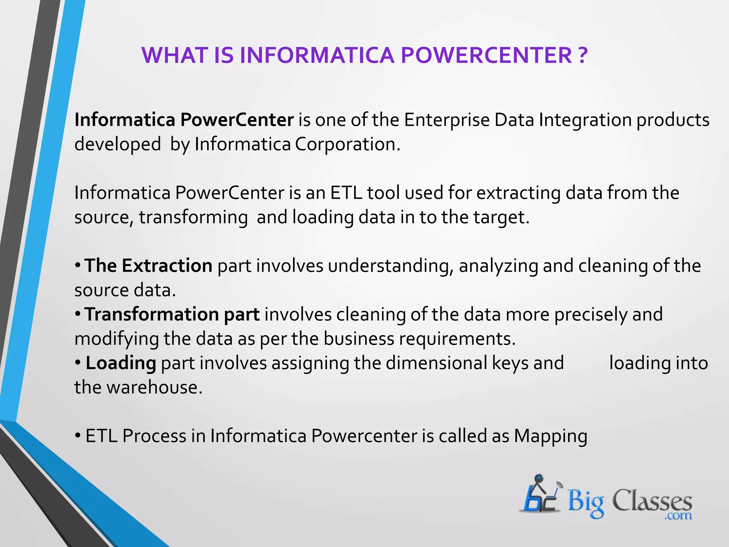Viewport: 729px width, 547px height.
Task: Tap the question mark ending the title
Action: pos(582,56)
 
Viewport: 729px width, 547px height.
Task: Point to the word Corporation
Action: pos(347,145)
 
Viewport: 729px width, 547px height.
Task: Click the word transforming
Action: pos(193,218)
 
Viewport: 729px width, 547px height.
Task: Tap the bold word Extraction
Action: pos(167,266)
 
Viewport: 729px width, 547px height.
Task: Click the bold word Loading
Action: pos(121,364)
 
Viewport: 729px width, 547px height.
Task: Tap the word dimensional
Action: pos(436,363)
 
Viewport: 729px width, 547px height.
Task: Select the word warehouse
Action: pos(154,387)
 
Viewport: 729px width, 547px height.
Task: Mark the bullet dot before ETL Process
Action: pos(78,436)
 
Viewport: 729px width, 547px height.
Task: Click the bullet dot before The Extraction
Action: pos(78,266)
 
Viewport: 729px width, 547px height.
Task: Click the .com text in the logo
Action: pos(678,515)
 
